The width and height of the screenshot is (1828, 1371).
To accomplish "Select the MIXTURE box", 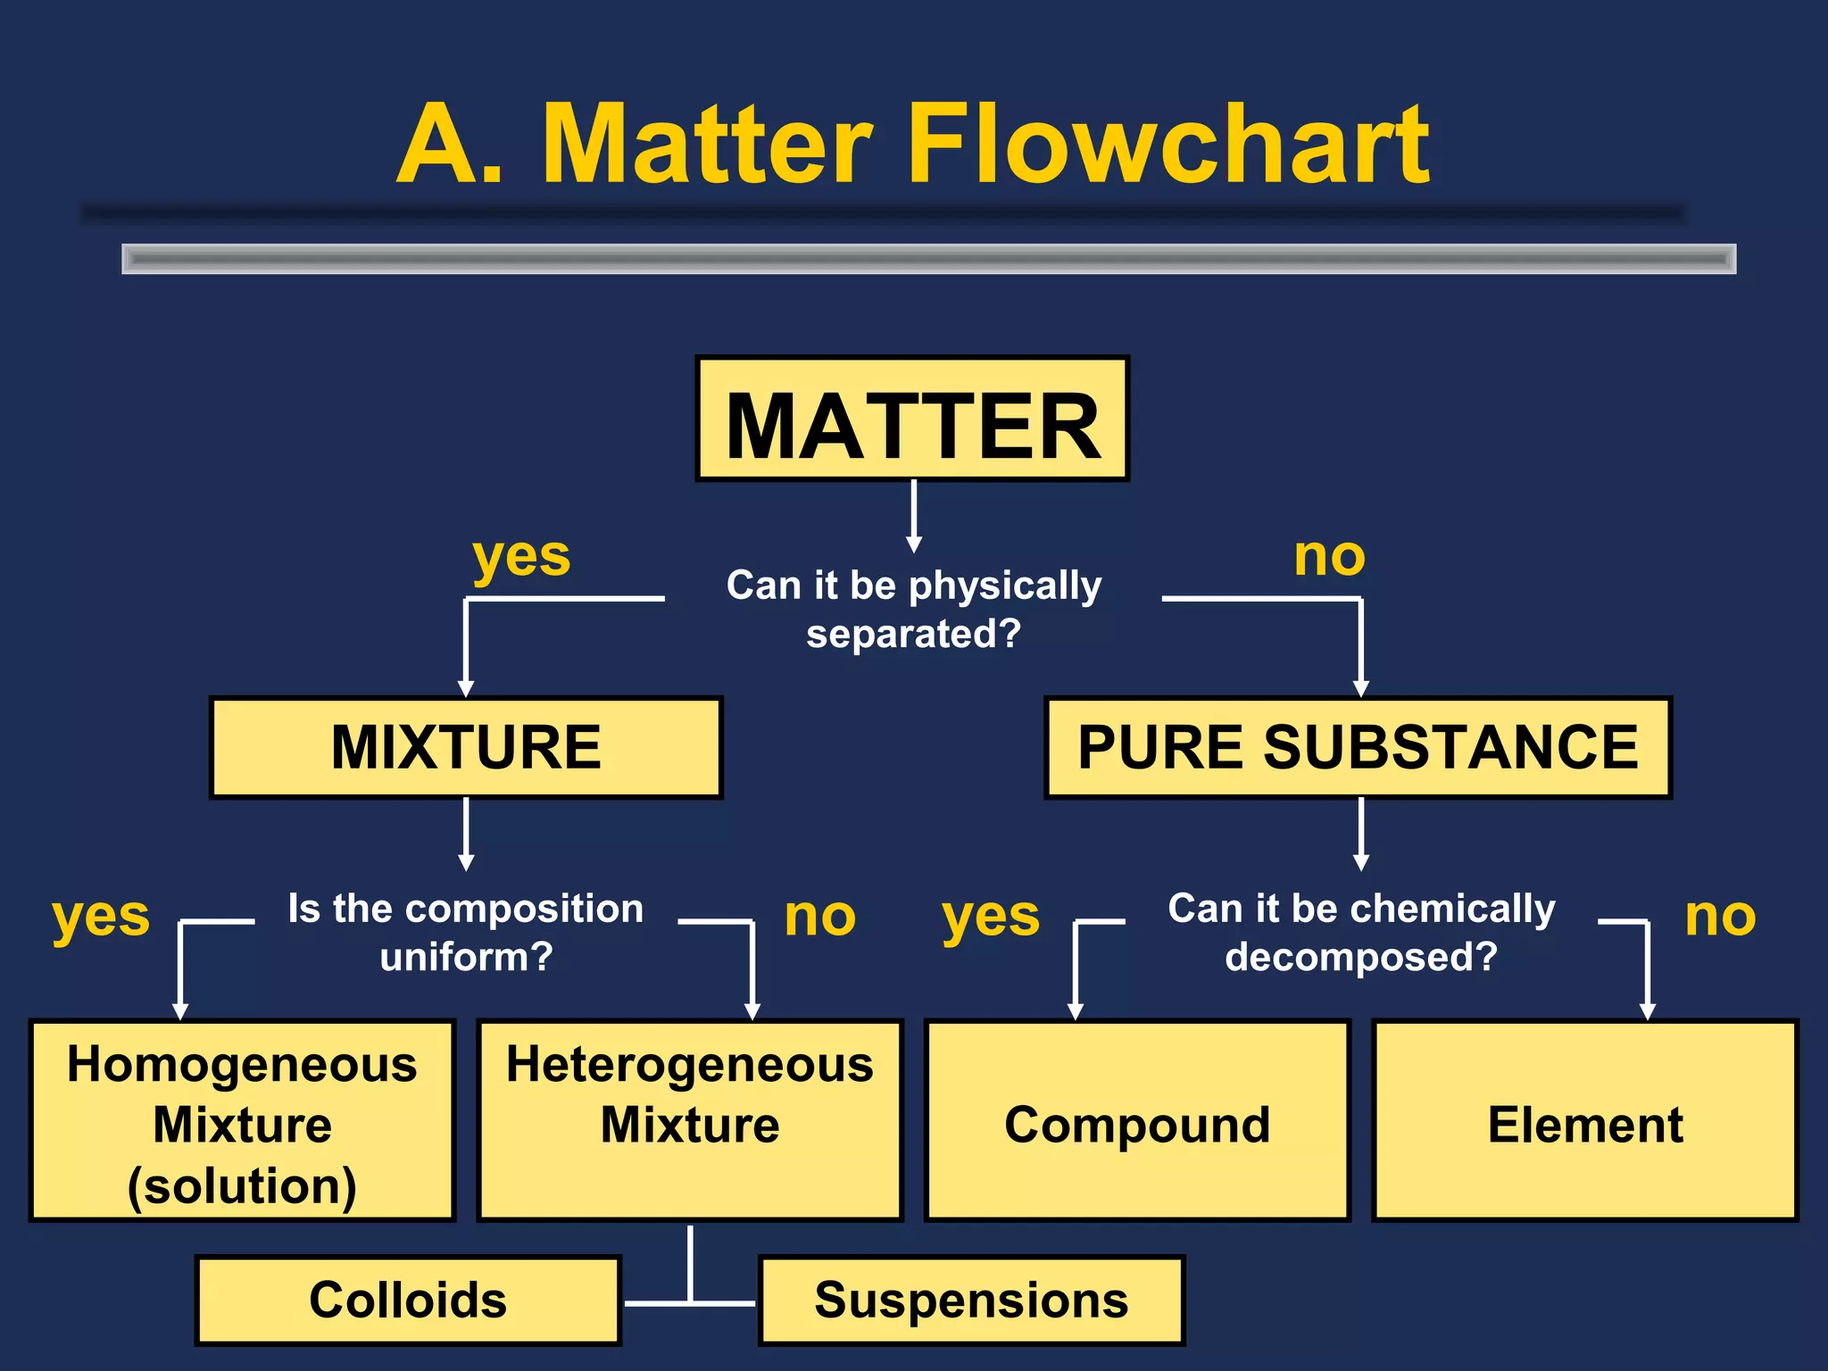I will point(466,747).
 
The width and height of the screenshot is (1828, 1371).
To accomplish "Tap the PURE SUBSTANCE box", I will point(1358,747).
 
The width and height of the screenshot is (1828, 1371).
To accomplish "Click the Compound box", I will point(1137,1122).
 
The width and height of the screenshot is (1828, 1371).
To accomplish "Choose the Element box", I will point(1585,1122).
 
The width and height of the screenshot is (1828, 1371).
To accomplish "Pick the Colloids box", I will point(408,1300).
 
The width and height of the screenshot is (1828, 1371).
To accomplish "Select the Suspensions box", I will point(971,1300).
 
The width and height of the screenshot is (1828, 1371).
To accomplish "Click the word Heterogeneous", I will point(690,1065).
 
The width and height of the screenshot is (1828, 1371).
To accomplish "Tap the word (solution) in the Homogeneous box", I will point(242,1186).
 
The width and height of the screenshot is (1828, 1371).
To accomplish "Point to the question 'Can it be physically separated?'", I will point(913,609).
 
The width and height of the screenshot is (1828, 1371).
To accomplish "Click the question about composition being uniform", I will point(466,932).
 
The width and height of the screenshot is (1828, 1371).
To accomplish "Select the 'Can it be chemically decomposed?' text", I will point(1361,932).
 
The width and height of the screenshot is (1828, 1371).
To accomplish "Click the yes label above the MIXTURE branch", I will point(521,559).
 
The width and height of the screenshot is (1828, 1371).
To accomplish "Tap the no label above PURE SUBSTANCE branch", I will point(1329,557).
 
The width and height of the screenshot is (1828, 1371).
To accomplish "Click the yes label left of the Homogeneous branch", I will point(101,918).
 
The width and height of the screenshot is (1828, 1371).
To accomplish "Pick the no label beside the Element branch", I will point(1720,917).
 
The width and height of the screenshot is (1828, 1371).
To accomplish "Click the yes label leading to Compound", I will point(991,918).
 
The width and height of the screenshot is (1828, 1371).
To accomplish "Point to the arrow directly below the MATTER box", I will point(913,517).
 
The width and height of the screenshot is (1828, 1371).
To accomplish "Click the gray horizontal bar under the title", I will point(928,259).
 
